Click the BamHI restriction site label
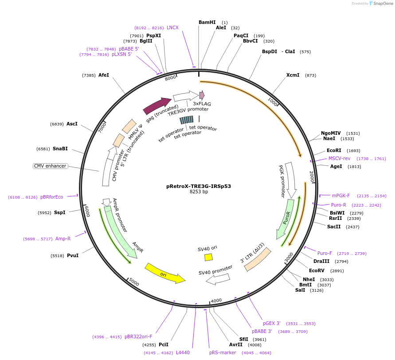(x=207, y=22)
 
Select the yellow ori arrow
(x=164, y=273)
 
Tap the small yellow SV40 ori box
(x=208, y=257)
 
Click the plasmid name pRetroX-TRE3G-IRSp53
(x=199, y=186)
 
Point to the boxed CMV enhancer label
(x=50, y=166)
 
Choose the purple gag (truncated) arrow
(x=156, y=106)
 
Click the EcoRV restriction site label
(x=317, y=270)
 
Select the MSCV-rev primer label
(x=339, y=158)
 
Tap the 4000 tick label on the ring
(x=216, y=301)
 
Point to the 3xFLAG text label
(x=202, y=103)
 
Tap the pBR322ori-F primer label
(x=138, y=337)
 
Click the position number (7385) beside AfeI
(x=89, y=75)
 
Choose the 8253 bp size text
(x=199, y=192)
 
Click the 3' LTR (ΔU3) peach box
(x=258, y=259)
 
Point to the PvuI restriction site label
(x=72, y=255)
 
